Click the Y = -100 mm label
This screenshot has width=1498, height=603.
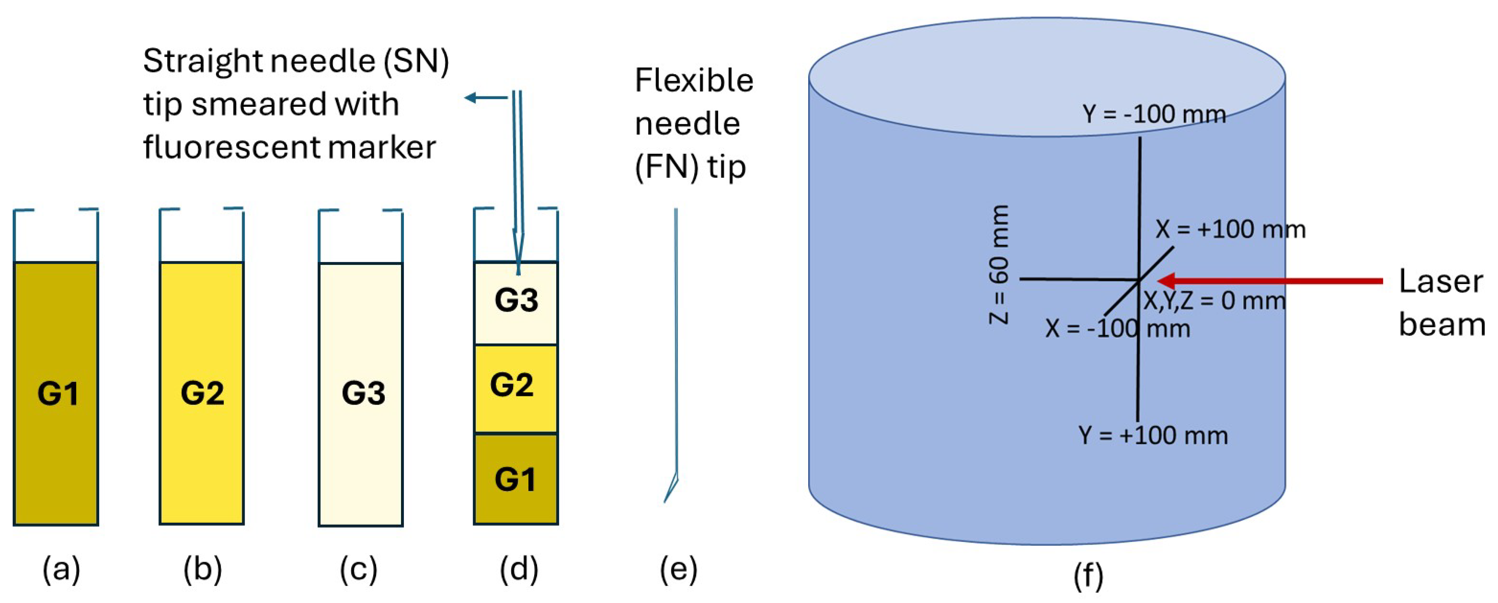pos(1154,114)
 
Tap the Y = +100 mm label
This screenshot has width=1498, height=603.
pos(1153,435)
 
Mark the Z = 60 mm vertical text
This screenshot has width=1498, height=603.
pos(999,265)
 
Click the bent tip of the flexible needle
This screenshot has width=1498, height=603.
pos(672,489)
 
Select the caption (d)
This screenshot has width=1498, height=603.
pos(519,569)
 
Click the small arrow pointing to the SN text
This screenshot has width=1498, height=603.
pos(486,98)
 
